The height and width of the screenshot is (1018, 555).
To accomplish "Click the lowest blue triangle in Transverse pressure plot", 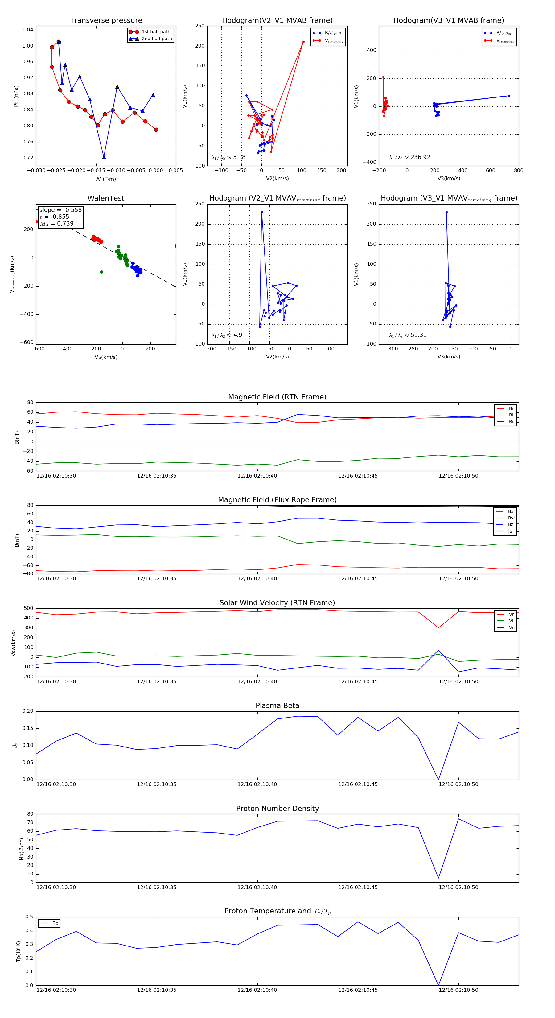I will tap(104, 157).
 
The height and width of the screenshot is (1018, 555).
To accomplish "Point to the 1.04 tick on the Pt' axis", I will tap(28, 30).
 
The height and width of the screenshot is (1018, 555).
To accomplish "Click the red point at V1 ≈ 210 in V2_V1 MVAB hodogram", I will tap(303, 42).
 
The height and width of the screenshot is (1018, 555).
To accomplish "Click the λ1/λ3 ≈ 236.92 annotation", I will tap(410, 157).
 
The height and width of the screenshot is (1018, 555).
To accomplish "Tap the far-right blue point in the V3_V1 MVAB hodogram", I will tap(509, 96).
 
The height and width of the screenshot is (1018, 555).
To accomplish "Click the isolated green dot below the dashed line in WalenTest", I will tap(101, 272).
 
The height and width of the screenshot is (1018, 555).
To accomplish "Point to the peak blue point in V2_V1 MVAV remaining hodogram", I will tap(261, 212).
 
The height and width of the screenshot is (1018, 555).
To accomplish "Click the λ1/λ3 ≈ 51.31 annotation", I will tap(408, 335).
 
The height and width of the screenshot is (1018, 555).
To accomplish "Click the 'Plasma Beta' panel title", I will tap(277, 706).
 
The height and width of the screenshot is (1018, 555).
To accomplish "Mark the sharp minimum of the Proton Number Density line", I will tap(438, 878).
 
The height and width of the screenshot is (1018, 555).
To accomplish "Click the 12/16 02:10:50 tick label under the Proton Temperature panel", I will tap(458, 990).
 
